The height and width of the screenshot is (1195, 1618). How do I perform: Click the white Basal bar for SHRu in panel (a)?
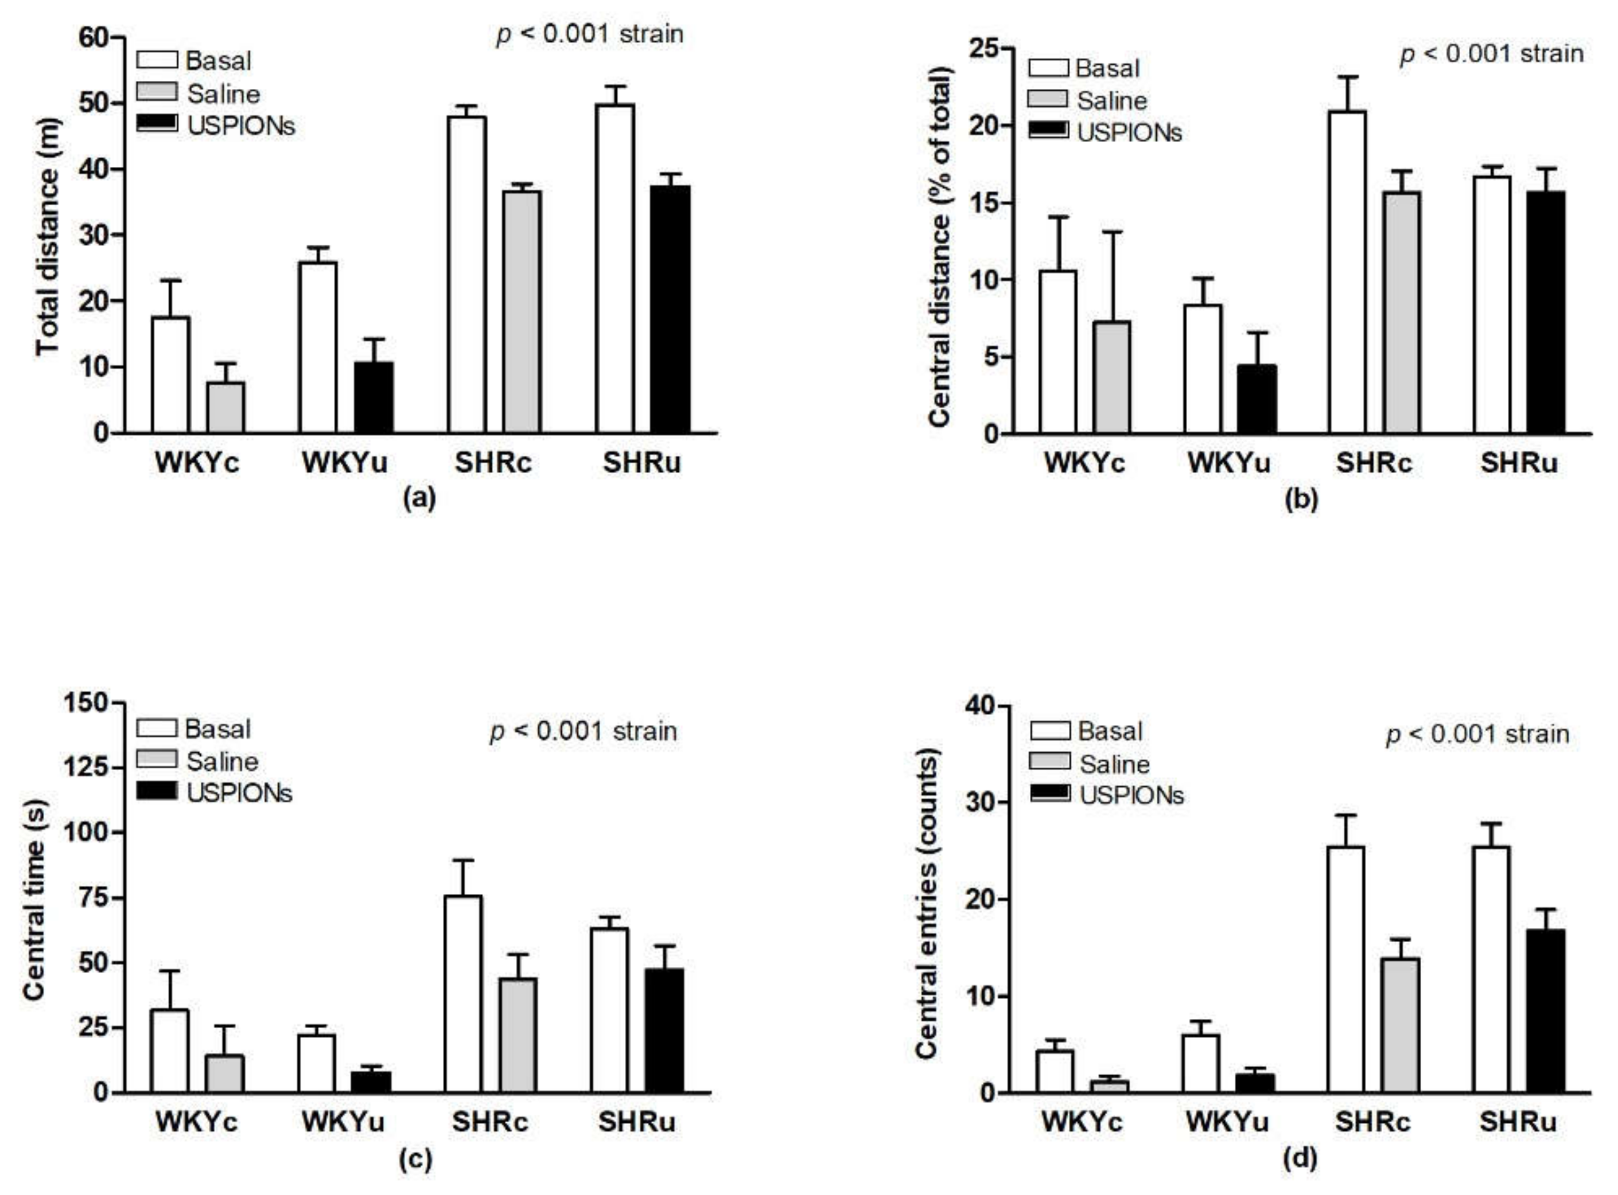(614, 268)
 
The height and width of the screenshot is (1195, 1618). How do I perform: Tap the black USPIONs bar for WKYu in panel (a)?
(374, 398)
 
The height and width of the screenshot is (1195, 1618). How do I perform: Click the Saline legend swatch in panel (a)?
(157, 92)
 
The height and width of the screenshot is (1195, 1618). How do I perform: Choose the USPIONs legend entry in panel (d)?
(1131, 795)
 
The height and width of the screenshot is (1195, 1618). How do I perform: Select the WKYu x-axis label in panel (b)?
(1228, 463)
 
